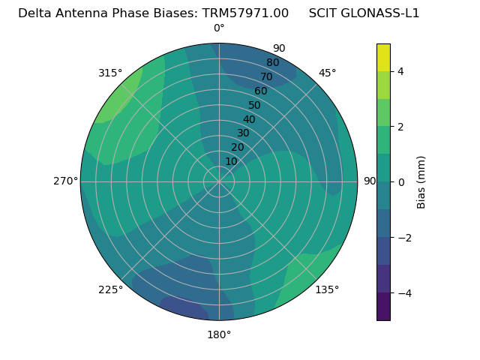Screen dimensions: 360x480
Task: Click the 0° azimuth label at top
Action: [x=219, y=28]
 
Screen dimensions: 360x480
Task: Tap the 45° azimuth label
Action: [x=327, y=73]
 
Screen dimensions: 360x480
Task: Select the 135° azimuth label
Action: [x=327, y=289]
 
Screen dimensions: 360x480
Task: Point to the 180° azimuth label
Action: [x=219, y=334]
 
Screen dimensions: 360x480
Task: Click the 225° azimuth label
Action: [x=110, y=289]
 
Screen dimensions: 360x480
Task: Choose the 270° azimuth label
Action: [x=66, y=181]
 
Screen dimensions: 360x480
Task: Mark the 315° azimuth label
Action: [x=110, y=73]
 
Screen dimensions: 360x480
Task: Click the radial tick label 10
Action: [x=231, y=161]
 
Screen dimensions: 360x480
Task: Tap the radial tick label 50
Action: [x=255, y=106]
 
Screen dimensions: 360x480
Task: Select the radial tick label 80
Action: [x=272, y=63]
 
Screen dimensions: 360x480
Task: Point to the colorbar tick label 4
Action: [x=400, y=71]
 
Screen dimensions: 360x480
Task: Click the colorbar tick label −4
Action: [x=403, y=293]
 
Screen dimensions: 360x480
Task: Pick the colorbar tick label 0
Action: [x=400, y=182]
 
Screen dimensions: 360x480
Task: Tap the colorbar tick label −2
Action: [x=403, y=238]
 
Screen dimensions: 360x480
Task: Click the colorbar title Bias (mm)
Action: [x=421, y=181]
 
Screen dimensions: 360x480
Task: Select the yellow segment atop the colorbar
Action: [x=383, y=57]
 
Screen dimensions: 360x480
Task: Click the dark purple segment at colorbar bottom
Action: [x=383, y=307]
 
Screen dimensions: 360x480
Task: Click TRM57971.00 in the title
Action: [x=245, y=13]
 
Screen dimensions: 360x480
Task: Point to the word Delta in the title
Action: [x=34, y=13]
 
